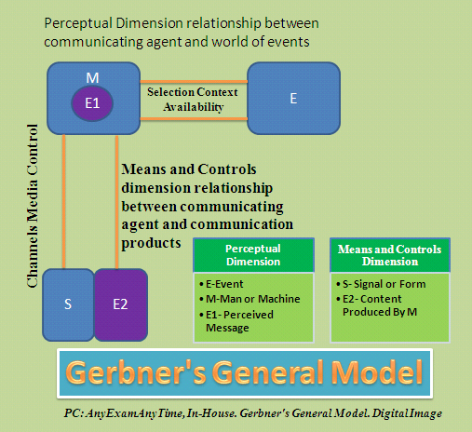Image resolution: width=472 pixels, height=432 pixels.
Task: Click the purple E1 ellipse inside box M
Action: pyautogui.click(x=91, y=103)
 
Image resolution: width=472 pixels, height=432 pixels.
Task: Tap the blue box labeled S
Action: pyautogui.click(x=69, y=304)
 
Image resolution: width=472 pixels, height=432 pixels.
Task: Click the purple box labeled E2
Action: pyautogui.click(x=121, y=304)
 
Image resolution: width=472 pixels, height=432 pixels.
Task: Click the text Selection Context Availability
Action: pyautogui.click(x=192, y=101)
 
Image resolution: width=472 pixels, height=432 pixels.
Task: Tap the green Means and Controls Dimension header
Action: pyautogui.click(x=389, y=255)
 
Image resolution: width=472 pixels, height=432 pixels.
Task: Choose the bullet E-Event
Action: pyautogui.click(x=229, y=283)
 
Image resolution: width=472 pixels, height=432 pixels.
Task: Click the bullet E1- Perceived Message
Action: pyautogui.click(x=245, y=321)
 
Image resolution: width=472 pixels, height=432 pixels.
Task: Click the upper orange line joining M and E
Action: pyautogui.click(x=192, y=80)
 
